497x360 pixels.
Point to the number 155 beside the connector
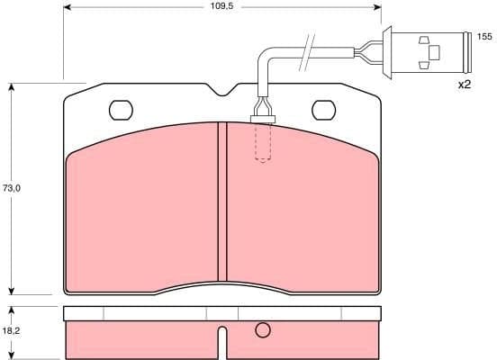(483, 37)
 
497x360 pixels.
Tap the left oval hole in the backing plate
(121, 110)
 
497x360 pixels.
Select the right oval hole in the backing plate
(324, 110)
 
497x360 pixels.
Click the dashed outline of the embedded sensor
(262, 144)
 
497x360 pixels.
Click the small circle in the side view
(262, 330)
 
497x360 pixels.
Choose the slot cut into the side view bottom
(222, 344)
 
